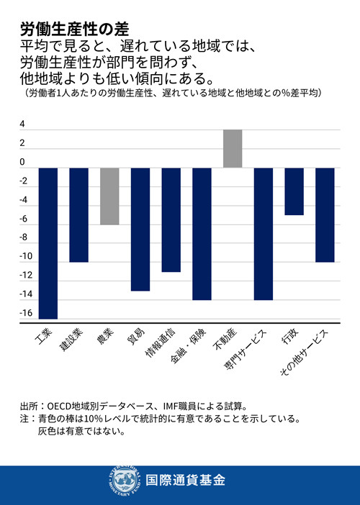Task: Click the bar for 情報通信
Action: pyautogui.click(x=171, y=219)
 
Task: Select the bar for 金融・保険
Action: pyautogui.click(x=202, y=233)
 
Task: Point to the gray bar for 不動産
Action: pyautogui.click(x=233, y=148)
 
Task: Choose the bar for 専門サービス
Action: pyautogui.click(x=264, y=233)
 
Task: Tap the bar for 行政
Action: pyautogui.click(x=294, y=191)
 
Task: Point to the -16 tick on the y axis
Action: pyautogui.click(x=26, y=313)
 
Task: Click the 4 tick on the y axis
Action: pyautogui.click(x=22, y=124)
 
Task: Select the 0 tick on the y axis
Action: pyautogui.click(x=22, y=162)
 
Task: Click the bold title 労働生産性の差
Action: pyautogui.click(x=73, y=28)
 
